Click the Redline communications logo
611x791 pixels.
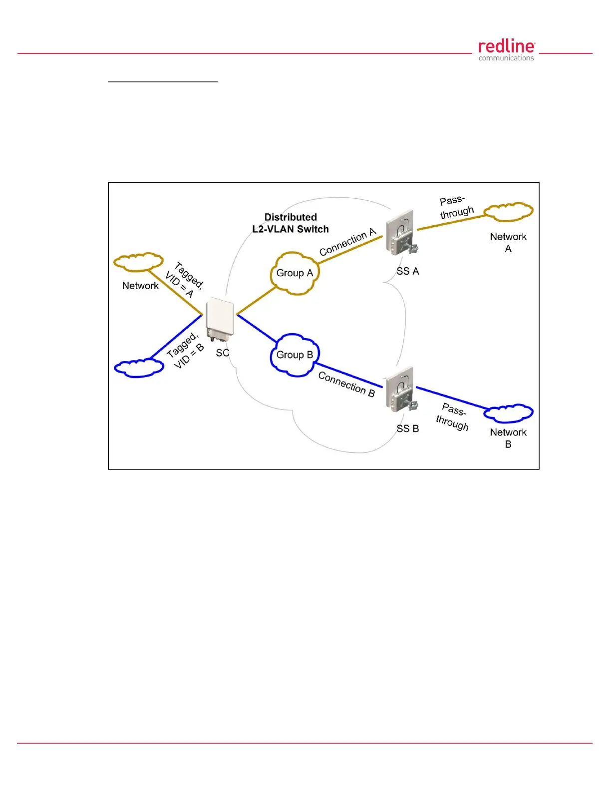click(506, 50)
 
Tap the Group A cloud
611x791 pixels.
click(295, 273)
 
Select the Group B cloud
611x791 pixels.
click(295, 355)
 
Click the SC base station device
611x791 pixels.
click(220, 319)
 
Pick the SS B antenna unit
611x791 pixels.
click(401, 389)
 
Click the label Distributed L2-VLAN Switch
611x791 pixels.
click(291, 223)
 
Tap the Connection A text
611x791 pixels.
click(347, 242)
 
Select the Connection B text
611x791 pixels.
click(346, 384)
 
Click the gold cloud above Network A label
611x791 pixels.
click(508, 212)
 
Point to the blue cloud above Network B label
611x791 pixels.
click(508, 413)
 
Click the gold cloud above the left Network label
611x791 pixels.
click(138, 262)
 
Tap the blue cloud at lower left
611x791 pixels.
click(139, 368)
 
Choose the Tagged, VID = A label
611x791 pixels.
click(184, 280)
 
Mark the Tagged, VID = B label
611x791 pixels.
click(185, 349)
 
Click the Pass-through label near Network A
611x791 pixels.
click(456, 207)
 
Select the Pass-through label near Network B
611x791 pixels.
click(453, 416)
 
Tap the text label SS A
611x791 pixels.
click(407, 271)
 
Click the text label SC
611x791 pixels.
click(223, 353)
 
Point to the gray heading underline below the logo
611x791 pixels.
click(163, 81)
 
